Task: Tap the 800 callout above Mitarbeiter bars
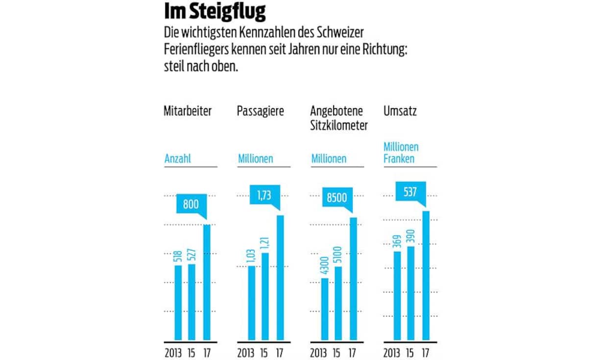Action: coord(191,204)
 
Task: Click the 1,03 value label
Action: coord(251,255)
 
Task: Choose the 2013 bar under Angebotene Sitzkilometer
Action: coord(325,309)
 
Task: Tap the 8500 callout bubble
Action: coord(336,198)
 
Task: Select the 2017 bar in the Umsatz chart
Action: coord(426,275)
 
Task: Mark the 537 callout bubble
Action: coord(410,192)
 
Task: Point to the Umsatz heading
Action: coord(400,111)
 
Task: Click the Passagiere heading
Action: coord(260,111)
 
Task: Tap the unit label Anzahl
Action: coord(178,159)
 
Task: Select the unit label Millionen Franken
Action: coord(401,152)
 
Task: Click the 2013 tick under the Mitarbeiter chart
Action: coord(173,353)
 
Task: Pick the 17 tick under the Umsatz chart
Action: coord(426,353)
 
